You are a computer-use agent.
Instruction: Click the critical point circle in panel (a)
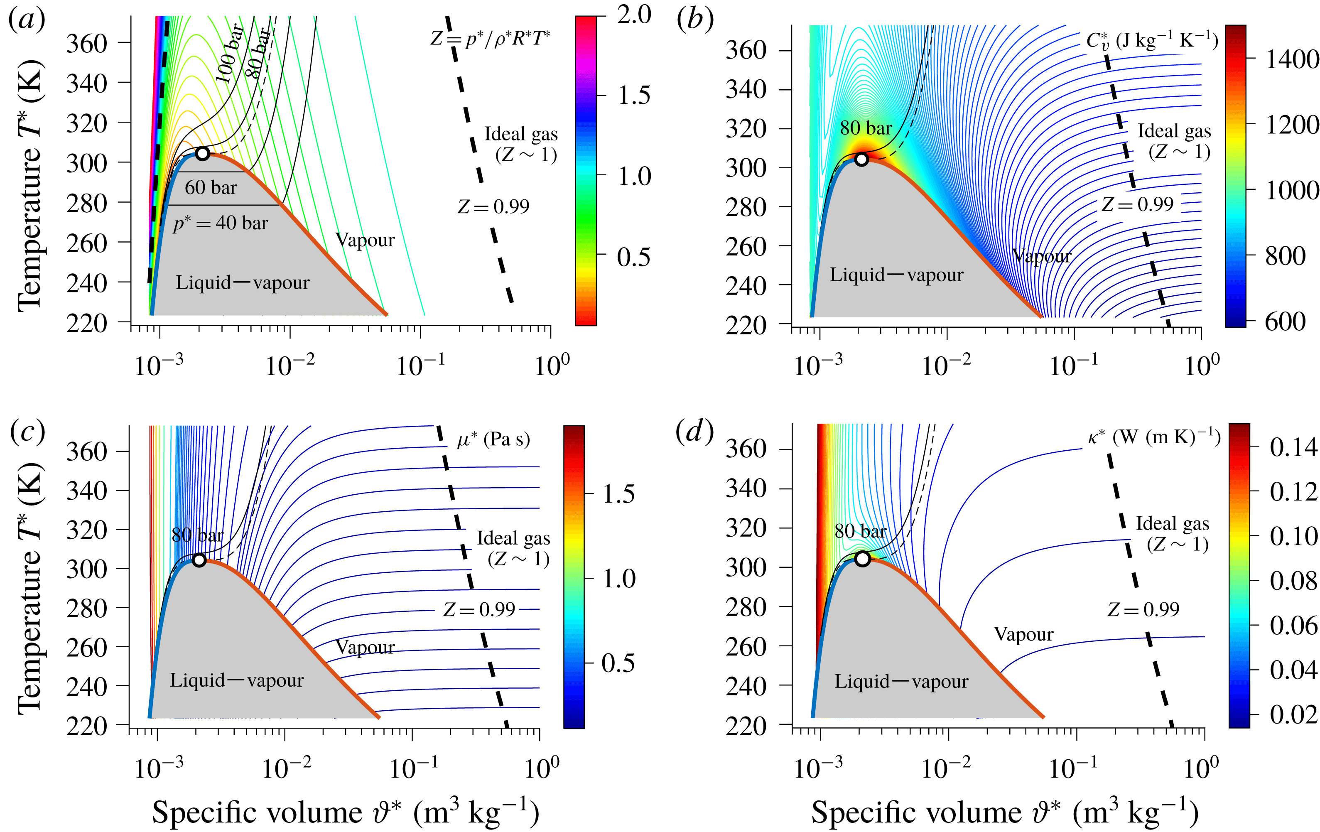202,153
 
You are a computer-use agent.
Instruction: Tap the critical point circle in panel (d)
862,559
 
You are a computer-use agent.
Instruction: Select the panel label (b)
694,20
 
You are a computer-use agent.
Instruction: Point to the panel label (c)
27,431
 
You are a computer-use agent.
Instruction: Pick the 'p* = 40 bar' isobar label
221,223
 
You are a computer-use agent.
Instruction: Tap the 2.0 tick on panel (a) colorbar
634,15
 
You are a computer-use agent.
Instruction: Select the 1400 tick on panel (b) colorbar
1291,59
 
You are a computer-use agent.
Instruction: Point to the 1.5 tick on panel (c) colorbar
618,494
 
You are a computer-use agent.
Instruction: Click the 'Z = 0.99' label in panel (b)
1138,204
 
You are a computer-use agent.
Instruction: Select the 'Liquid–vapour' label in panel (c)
236,680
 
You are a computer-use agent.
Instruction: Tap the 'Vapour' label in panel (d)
1023,634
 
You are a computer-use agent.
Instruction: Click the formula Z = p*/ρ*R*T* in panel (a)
490,38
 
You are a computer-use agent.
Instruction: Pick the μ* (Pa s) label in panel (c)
493,439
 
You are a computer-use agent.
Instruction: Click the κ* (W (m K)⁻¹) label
1153,437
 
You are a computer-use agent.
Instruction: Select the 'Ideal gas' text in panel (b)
1174,131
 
